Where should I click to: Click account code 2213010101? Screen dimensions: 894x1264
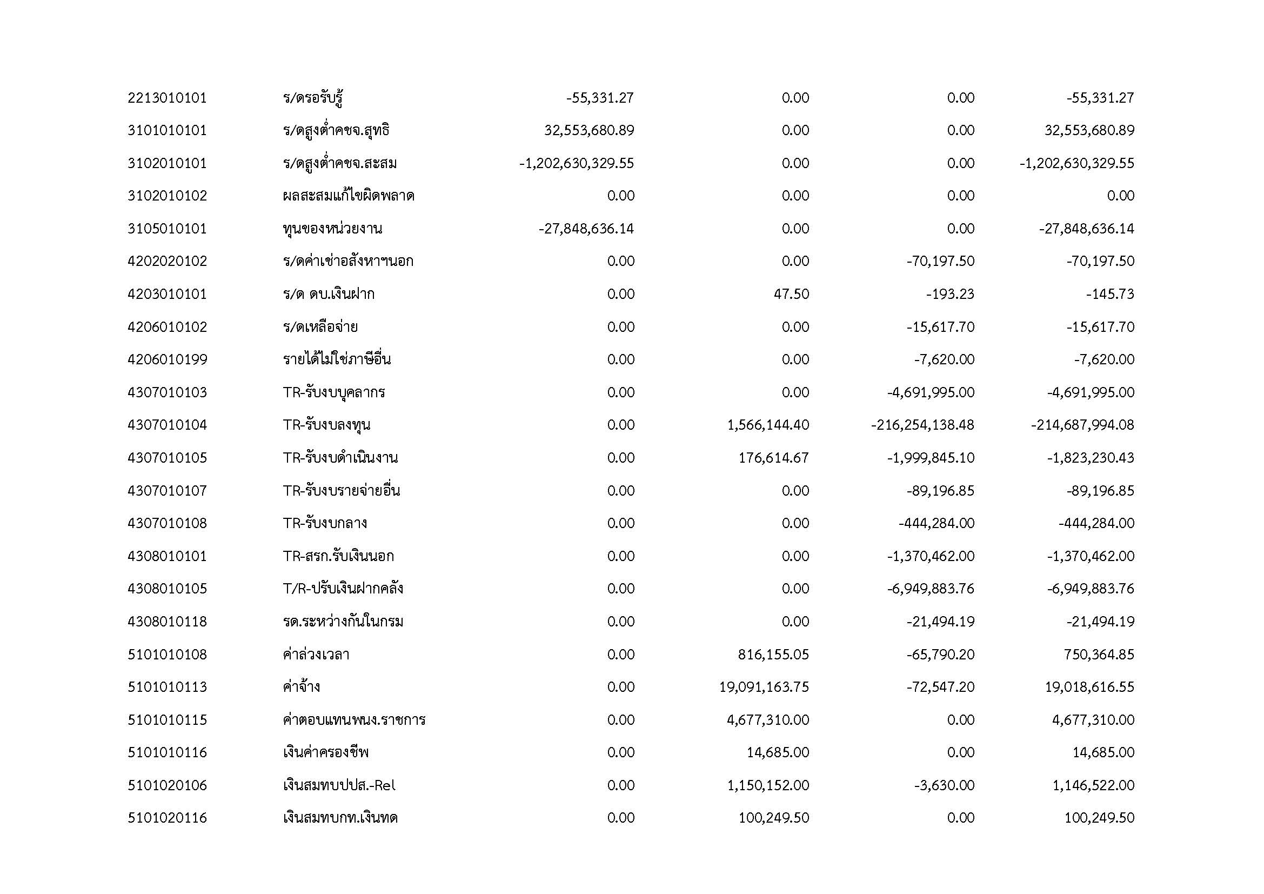[x=167, y=98]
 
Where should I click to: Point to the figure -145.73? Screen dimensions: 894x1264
[x=1110, y=294]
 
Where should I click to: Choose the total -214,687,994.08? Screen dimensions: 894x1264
[x=1082, y=425]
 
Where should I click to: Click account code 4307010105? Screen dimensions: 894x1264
[x=167, y=458]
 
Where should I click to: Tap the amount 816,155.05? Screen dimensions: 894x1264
[x=773, y=655]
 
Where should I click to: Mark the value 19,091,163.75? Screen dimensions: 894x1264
[x=764, y=687]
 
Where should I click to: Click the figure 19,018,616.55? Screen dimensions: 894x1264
[x=1089, y=687]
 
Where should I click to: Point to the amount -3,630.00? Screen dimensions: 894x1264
[x=944, y=785]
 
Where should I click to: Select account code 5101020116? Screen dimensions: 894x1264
[x=167, y=818]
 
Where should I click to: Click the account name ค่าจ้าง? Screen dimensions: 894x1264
[x=301, y=687]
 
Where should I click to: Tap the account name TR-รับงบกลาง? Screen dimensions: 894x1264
[x=325, y=523]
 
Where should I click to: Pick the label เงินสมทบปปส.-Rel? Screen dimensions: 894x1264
[x=339, y=785]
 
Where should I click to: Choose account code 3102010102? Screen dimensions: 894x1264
[x=167, y=196]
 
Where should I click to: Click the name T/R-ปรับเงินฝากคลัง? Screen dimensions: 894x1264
[x=343, y=589]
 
